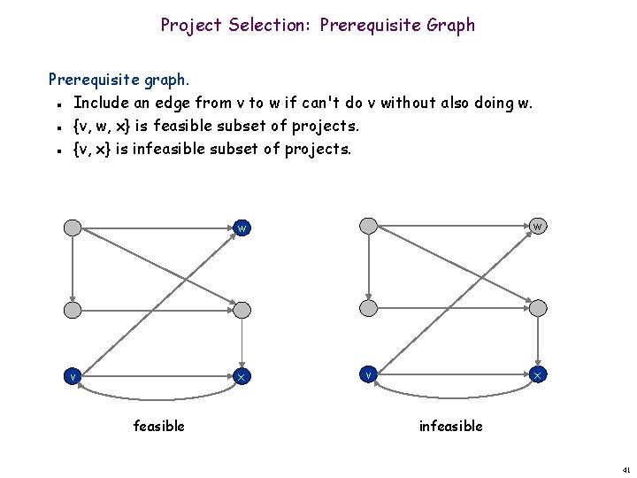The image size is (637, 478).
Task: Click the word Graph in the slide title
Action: tap(450, 25)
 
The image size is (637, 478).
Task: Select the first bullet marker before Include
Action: tap(56, 104)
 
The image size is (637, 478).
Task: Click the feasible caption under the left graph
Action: tap(159, 427)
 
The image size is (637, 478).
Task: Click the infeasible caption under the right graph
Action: tap(450, 427)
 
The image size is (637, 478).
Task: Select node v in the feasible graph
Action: tap(73, 376)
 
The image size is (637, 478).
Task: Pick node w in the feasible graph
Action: tap(242, 227)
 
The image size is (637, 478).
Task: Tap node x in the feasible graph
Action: tap(242, 376)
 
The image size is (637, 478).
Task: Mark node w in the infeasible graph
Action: tap(538, 226)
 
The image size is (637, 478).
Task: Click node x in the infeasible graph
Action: tap(538, 374)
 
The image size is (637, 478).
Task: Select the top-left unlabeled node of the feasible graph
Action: tap(73, 227)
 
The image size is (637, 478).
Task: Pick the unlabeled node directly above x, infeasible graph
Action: tap(538, 307)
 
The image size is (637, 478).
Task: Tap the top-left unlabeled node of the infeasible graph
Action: tap(370, 226)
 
